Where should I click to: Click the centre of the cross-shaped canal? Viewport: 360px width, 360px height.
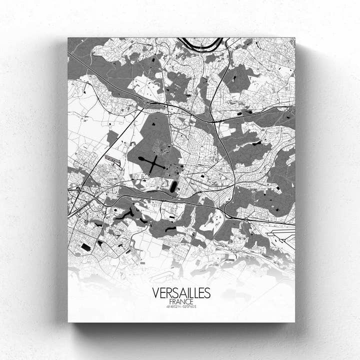tap(155, 163)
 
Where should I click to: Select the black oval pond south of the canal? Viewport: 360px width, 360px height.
tap(173, 187)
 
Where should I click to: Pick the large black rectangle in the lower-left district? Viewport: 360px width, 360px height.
tap(86, 247)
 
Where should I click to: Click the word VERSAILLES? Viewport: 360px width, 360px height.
tap(181, 293)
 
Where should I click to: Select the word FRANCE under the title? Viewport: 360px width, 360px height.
tap(181, 302)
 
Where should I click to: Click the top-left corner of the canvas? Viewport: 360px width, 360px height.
tap(68, 38)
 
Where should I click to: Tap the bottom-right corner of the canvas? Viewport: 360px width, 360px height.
tap(294, 321)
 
